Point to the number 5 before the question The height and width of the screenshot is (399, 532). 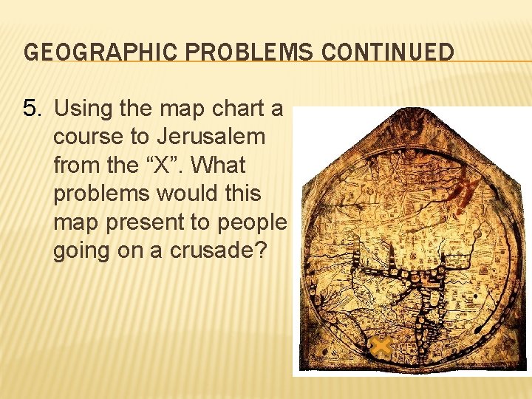click(x=30, y=109)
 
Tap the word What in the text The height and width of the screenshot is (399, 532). click(x=217, y=166)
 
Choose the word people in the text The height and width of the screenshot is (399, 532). click(x=251, y=222)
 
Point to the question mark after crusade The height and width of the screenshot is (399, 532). click(x=259, y=250)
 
